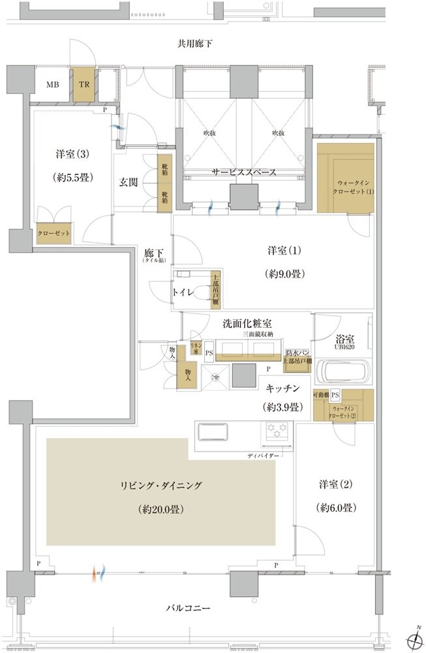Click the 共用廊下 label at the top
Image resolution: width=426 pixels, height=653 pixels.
point(196,44)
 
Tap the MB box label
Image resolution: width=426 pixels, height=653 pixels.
point(52,84)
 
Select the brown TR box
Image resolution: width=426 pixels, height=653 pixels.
point(84,84)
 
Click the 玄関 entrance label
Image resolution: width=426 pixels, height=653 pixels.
point(128,182)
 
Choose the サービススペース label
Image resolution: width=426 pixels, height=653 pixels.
point(243,172)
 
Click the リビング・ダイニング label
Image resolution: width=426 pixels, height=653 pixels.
point(161,485)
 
